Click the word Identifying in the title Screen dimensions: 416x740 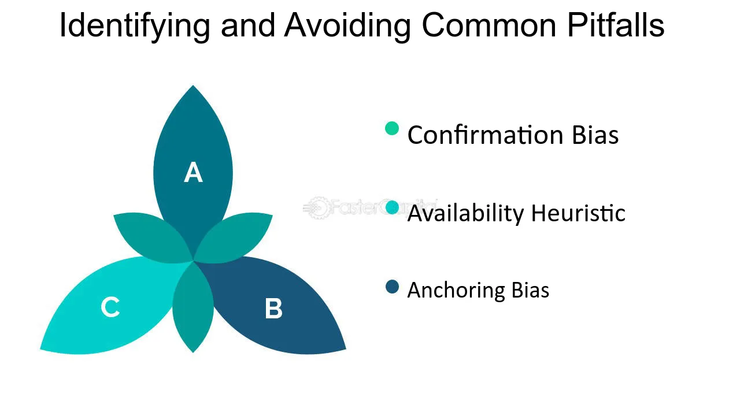135,26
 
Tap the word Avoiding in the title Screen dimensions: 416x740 347,26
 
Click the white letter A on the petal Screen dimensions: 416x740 193,173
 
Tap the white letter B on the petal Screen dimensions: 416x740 273,309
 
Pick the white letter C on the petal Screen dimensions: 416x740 110,307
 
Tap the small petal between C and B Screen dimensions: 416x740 193,306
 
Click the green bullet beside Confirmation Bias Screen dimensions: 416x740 392,128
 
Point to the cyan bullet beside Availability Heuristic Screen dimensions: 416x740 392,207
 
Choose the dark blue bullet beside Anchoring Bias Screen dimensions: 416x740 392,287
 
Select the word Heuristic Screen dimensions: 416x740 578,213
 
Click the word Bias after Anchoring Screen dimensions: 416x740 530,290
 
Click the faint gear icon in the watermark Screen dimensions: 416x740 316,208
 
